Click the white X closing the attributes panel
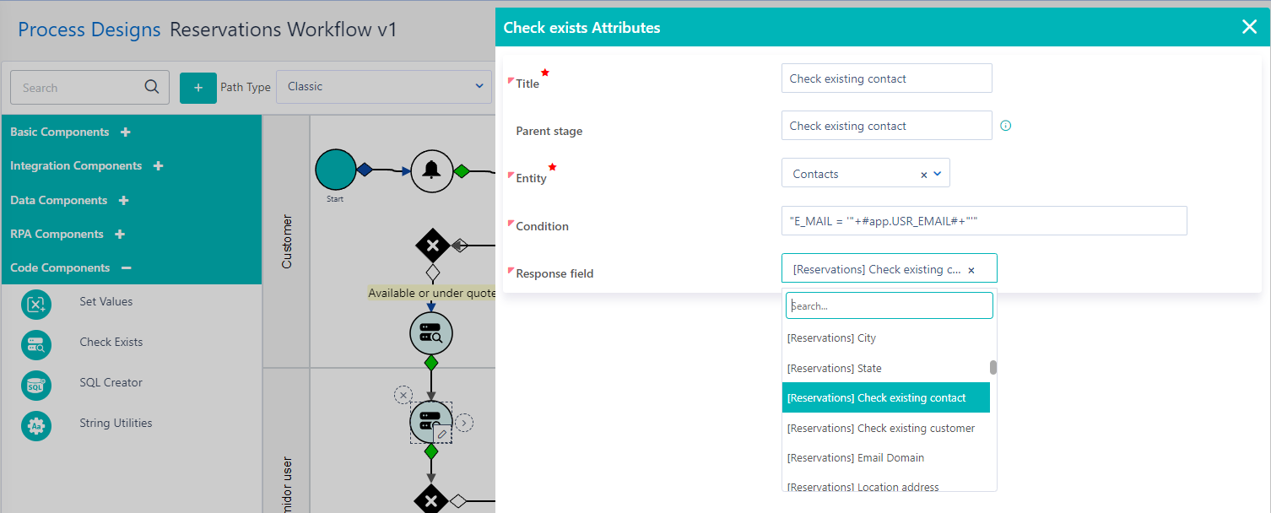click(1249, 27)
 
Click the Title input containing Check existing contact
click(886, 78)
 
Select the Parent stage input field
click(886, 126)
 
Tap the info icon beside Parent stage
click(1005, 126)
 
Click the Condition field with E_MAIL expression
click(984, 221)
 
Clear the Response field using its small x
click(971, 270)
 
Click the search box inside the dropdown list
click(889, 305)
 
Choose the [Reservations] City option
click(885, 338)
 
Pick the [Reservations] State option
click(885, 369)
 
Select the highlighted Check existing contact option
click(885, 398)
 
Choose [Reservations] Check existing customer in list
click(885, 429)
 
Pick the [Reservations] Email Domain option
click(885, 458)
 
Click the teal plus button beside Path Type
click(198, 87)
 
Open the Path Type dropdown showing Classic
click(384, 86)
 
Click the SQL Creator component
click(111, 383)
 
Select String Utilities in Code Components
click(116, 424)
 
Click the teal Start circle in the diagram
click(335, 170)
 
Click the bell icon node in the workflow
click(432, 170)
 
